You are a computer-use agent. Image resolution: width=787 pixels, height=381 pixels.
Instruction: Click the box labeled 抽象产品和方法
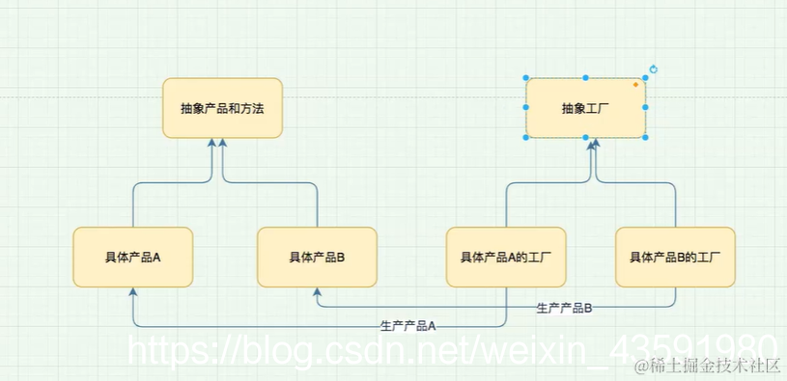[222, 108]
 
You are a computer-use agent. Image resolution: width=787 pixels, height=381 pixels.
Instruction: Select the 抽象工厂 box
[585, 108]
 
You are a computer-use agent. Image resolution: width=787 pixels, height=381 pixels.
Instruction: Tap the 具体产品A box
[132, 257]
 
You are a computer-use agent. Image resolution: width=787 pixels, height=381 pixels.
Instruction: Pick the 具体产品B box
[317, 257]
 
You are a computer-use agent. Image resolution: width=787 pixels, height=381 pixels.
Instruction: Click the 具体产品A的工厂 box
[506, 257]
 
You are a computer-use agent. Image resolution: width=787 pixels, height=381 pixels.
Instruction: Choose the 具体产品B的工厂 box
[675, 257]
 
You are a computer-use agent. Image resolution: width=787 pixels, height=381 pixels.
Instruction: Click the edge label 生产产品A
[408, 326]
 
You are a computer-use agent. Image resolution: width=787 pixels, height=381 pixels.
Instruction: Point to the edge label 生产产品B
[564, 308]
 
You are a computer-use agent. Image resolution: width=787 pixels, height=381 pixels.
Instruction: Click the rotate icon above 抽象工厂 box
[654, 69]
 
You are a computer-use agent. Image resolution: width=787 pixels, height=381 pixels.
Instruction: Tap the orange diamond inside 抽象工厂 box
[635, 85]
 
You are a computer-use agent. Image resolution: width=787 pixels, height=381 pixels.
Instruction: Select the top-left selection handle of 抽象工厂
[526, 78]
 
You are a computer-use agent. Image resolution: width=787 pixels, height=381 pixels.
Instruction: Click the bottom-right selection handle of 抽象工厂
[645, 138]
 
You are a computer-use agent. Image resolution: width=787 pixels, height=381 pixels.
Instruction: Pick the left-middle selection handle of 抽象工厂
[526, 108]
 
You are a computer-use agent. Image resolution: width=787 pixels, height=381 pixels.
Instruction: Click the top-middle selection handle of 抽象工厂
[585, 78]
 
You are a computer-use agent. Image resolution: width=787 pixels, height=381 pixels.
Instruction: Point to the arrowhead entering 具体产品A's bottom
[132, 292]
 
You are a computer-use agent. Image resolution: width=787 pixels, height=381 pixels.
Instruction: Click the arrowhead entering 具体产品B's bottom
[317, 292]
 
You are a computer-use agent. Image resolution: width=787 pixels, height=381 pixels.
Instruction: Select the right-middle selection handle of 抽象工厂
[645, 108]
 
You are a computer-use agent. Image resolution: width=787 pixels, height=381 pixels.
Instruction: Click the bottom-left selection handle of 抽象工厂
[526, 138]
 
